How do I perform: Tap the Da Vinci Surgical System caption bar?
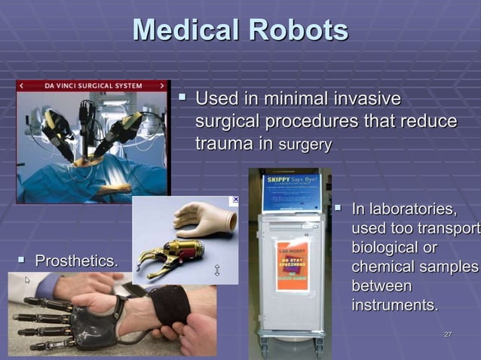pyautogui.click(x=92, y=86)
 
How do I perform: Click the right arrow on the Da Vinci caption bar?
pyautogui.click(x=161, y=86)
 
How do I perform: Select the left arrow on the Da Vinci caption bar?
pyautogui.click(x=22, y=86)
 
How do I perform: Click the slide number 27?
pyautogui.click(x=449, y=334)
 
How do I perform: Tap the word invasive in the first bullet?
pyautogui.click(x=366, y=99)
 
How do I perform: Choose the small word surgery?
pyautogui.click(x=305, y=145)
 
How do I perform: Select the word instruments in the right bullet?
pyautogui.click(x=394, y=306)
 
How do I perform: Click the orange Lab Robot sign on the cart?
pyautogui.click(x=293, y=266)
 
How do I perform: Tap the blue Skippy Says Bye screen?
pyautogui.click(x=291, y=192)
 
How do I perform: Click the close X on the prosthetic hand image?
pyautogui.click(x=234, y=200)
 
